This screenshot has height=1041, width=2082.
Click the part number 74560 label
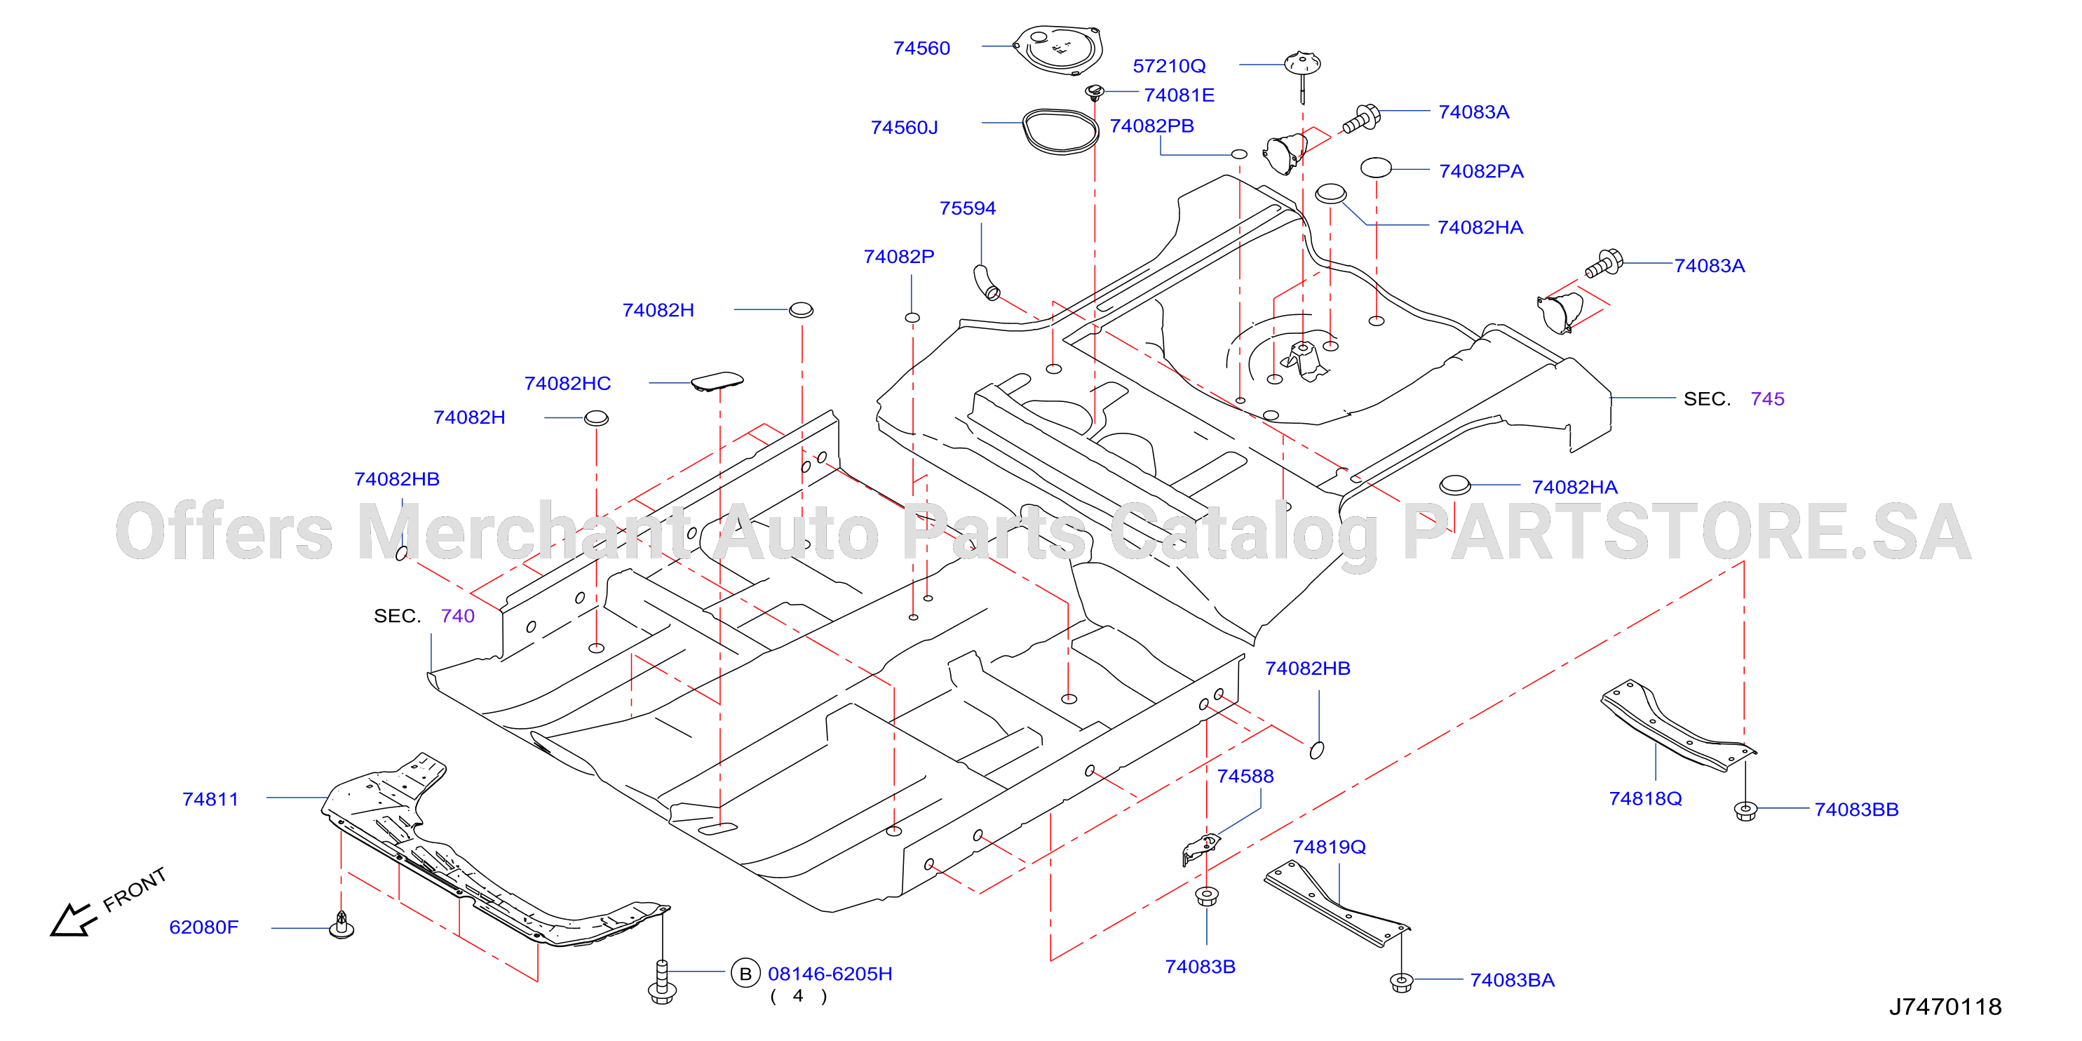click(921, 48)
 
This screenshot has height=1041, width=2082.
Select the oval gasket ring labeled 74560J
click(1060, 132)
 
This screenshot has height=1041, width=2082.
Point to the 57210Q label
click(1169, 66)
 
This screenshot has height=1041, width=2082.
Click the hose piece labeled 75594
click(987, 282)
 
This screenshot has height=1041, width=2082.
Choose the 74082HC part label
click(567, 384)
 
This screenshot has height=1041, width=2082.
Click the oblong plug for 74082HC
click(717, 382)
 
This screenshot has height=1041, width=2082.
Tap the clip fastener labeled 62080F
click(342, 925)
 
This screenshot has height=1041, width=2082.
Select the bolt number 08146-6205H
click(830, 974)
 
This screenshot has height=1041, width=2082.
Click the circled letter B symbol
click(745, 974)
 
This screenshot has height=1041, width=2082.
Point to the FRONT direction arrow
click(73, 920)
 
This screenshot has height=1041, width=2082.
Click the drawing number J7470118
click(1945, 1007)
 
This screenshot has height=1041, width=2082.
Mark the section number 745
click(1767, 399)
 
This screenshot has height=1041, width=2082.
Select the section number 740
click(457, 617)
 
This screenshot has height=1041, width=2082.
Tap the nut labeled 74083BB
click(1746, 811)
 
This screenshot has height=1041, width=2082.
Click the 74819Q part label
click(1329, 847)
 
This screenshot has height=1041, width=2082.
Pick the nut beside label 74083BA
click(1402, 983)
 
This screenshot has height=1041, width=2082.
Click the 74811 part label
click(210, 800)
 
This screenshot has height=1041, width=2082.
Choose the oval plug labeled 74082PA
click(1376, 168)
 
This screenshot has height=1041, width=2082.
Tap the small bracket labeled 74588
click(1202, 849)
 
